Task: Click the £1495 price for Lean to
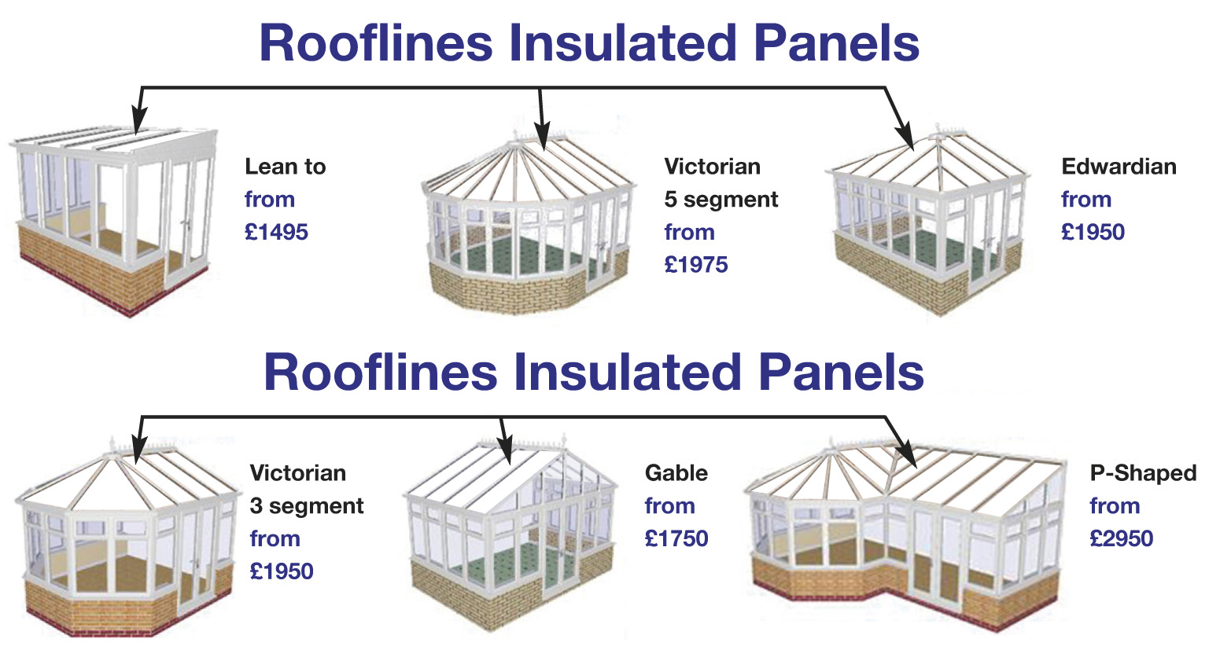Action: (x=276, y=233)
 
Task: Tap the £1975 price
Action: (x=696, y=265)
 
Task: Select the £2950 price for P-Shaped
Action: (x=1122, y=538)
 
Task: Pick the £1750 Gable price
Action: (x=676, y=538)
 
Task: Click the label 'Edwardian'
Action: (x=1119, y=167)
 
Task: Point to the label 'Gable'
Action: (x=676, y=473)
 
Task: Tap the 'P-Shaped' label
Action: (x=1143, y=473)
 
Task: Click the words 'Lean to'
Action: (x=286, y=167)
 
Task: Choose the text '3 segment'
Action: (x=307, y=506)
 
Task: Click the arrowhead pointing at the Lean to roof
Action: (x=138, y=119)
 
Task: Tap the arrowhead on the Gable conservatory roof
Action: (x=506, y=450)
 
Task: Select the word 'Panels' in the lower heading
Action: (x=841, y=373)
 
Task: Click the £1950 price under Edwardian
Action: (x=1093, y=233)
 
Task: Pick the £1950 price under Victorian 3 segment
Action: (x=282, y=571)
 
